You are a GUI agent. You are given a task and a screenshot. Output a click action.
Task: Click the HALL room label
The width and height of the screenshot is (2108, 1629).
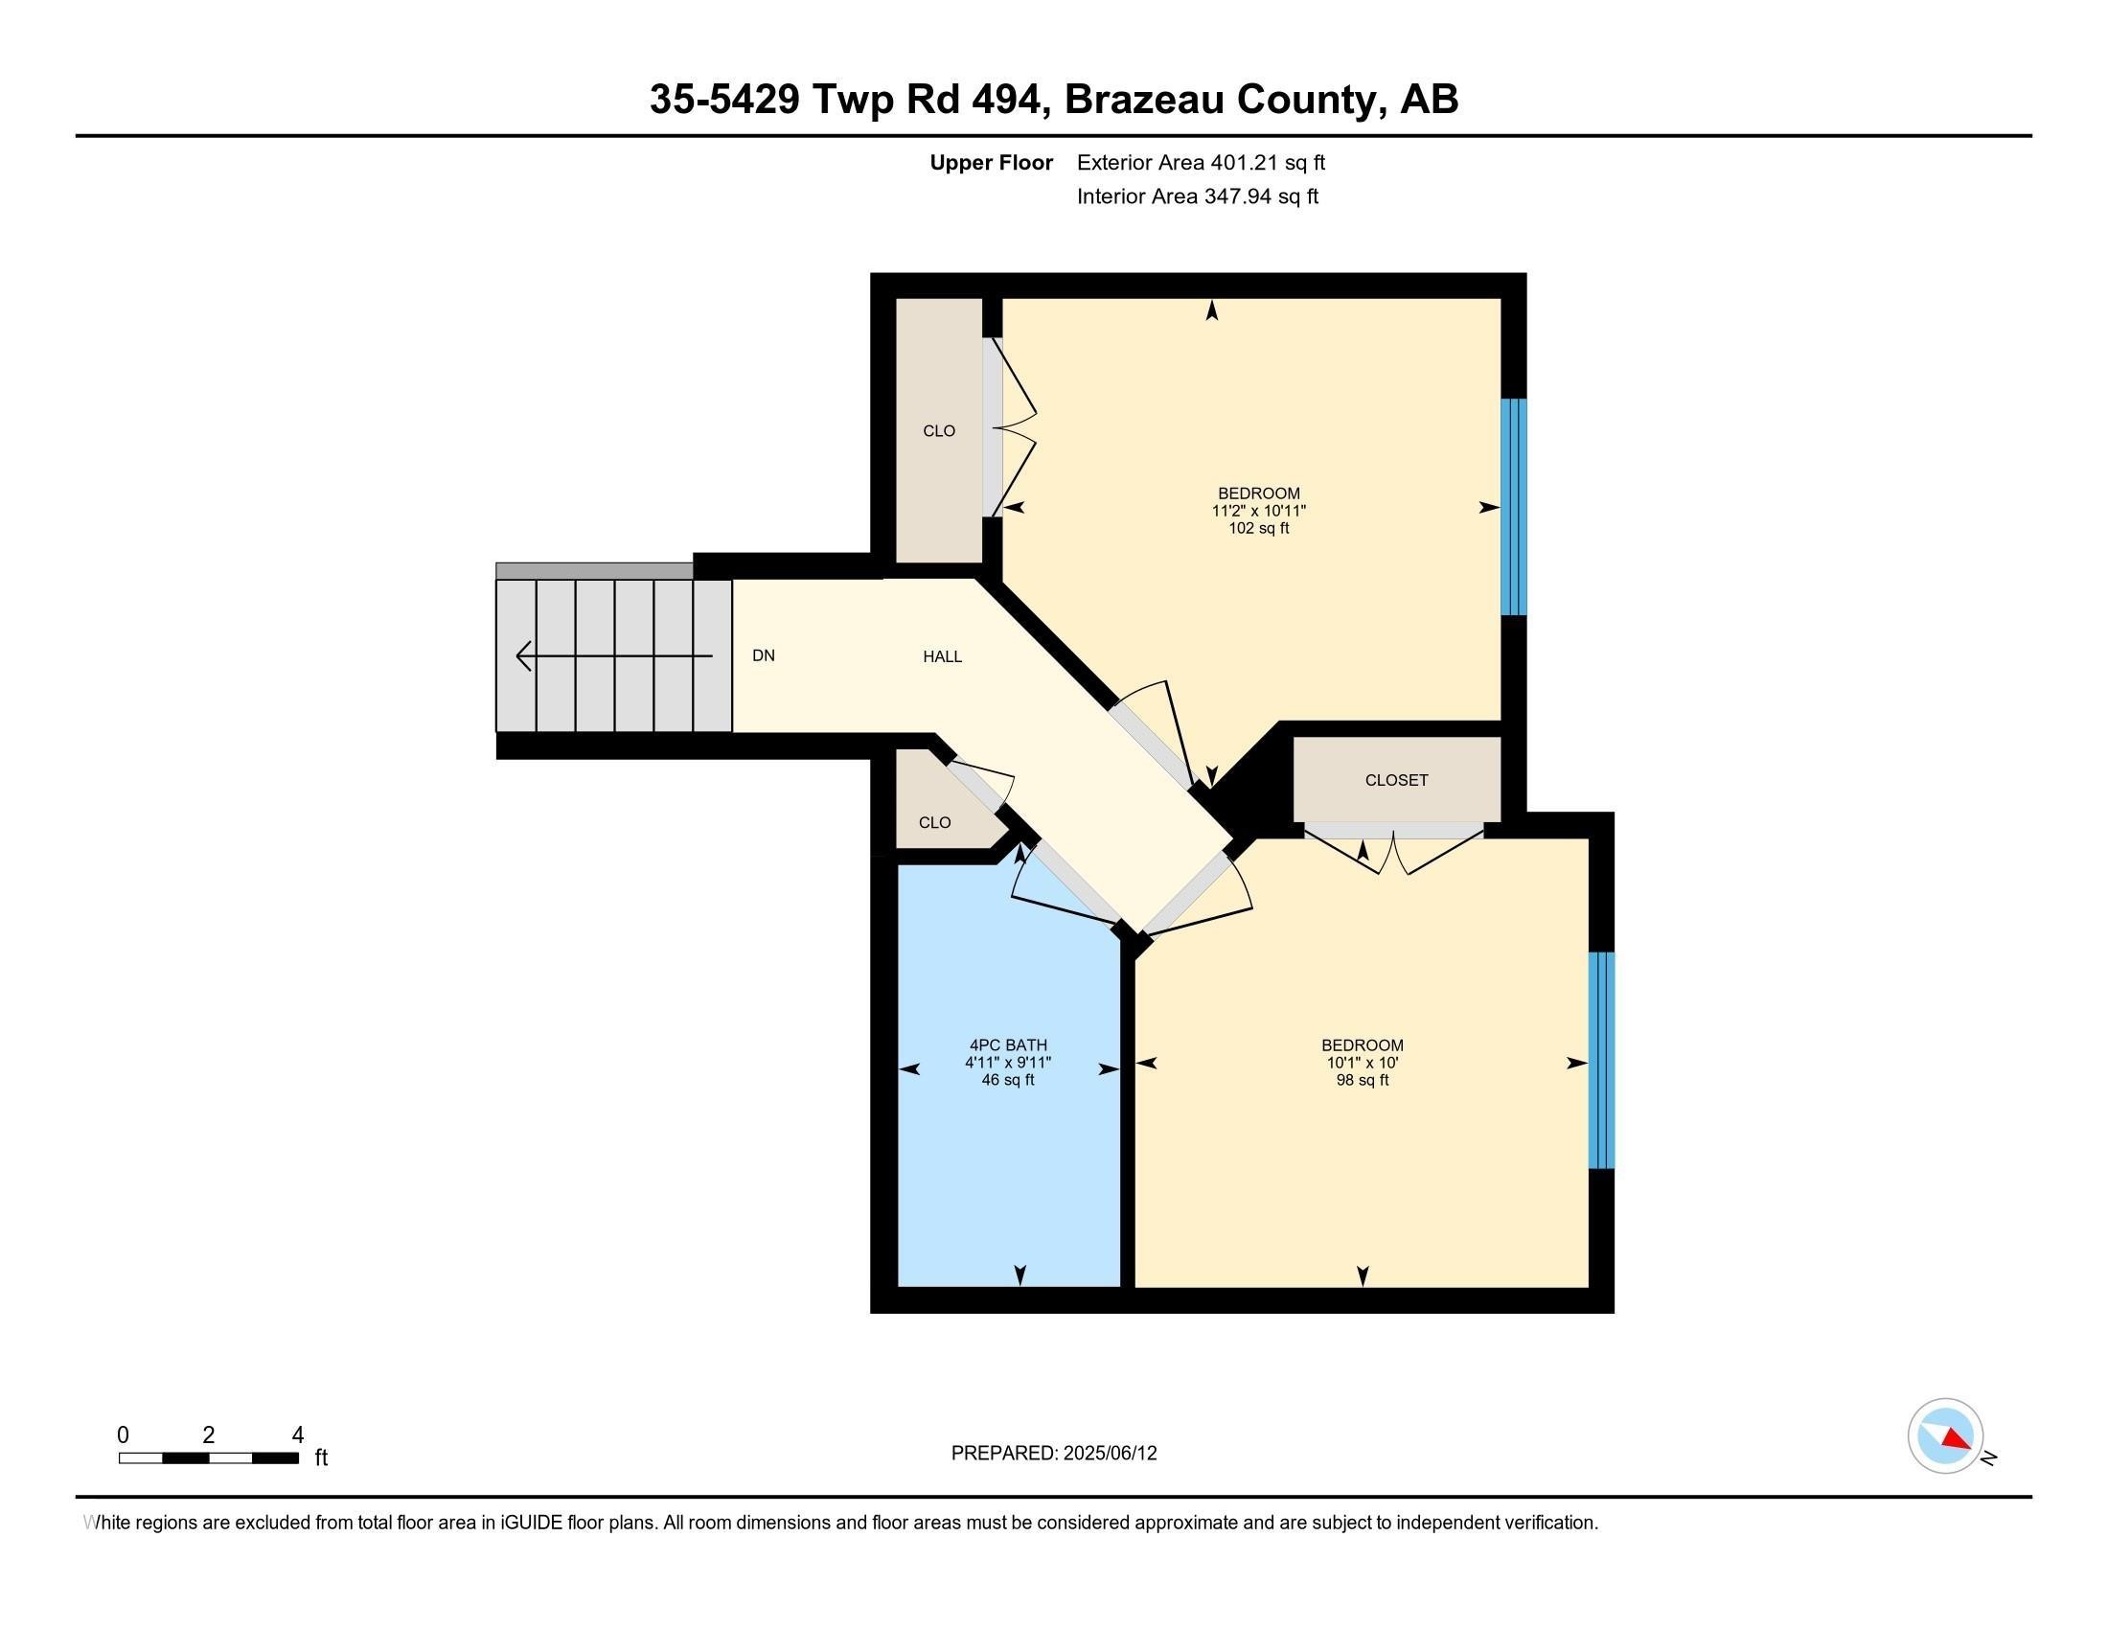click(x=942, y=656)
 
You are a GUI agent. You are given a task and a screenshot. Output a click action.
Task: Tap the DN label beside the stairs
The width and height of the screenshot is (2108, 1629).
click(x=764, y=655)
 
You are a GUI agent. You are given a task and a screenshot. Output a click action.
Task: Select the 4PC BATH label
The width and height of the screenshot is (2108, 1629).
click(x=1008, y=1044)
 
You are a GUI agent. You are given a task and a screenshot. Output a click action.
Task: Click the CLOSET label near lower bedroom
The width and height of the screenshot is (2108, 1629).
click(x=1396, y=780)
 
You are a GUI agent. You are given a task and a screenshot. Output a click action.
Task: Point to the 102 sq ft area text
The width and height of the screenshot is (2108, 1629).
click(x=1259, y=528)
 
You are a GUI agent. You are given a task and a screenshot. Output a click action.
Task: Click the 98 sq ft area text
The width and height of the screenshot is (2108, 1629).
click(x=1362, y=1080)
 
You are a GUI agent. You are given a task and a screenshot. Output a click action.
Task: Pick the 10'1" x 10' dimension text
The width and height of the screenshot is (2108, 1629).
click(x=1362, y=1063)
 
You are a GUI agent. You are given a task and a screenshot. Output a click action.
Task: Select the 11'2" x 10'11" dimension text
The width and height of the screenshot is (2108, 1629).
click(x=1259, y=511)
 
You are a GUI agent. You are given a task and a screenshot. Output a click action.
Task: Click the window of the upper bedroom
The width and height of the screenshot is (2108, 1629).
click(x=1513, y=507)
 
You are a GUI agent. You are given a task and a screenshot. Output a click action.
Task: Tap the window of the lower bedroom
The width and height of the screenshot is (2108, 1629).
click(x=1601, y=1061)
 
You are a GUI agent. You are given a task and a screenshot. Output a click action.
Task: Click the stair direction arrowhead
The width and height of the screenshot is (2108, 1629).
click(x=524, y=655)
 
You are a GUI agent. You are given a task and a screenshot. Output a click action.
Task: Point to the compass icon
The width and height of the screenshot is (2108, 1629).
click(x=1945, y=1435)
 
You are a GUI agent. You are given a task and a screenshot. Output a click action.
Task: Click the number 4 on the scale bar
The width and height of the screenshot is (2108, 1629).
click(x=297, y=1434)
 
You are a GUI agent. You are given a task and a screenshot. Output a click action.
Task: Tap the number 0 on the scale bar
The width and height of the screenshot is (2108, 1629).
click(x=123, y=1434)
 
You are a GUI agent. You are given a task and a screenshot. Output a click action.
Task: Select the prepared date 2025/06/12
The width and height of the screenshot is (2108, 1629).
click(x=1108, y=1453)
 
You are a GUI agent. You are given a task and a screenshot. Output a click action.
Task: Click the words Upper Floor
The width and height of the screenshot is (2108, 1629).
click(x=992, y=162)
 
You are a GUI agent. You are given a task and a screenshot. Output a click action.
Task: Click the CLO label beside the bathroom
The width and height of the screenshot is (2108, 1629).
click(x=934, y=822)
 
